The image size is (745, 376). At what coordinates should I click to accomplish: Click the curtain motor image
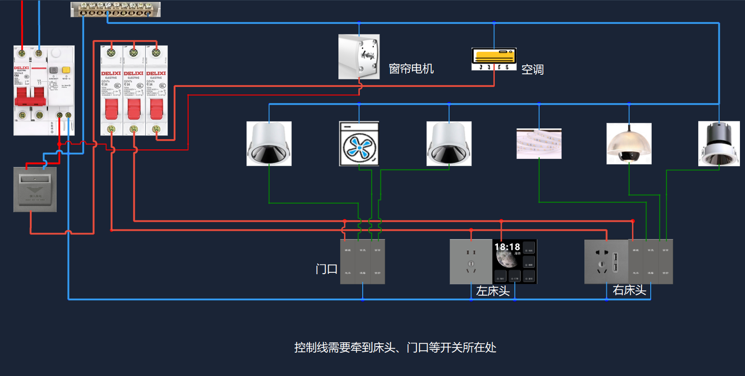click(x=358, y=57)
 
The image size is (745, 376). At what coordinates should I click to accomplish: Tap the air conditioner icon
click(x=494, y=59)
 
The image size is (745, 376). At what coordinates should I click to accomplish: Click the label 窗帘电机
click(x=411, y=69)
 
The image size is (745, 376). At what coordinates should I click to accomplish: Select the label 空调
click(x=532, y=70)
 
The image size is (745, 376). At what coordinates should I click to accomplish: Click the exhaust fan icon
click(x=359, y=144)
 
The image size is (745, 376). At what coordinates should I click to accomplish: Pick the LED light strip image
click(x=539, y=144)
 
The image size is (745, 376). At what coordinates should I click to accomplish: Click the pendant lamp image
click(x=629, y=144)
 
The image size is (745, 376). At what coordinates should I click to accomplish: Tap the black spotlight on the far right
click(x=719, y=144)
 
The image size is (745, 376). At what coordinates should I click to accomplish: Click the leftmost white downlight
click(x=269, y=144)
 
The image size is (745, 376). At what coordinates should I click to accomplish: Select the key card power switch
click(x=35, y=189)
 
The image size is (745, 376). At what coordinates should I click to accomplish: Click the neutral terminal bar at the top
click(x=115, y=9)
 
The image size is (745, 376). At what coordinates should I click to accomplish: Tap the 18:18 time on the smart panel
click(x=507, y=247)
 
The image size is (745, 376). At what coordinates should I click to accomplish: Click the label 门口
click(x=326, y=269)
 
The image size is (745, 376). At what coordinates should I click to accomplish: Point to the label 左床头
click(x=492, y=291)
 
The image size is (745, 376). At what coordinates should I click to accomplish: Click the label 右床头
click(x=629, y=290)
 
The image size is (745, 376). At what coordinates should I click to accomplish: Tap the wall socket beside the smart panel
click(x=471, y=262)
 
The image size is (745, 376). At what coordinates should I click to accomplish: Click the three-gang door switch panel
click(x=362, y=262)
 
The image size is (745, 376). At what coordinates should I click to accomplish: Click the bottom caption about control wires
click(x=395, y=348)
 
